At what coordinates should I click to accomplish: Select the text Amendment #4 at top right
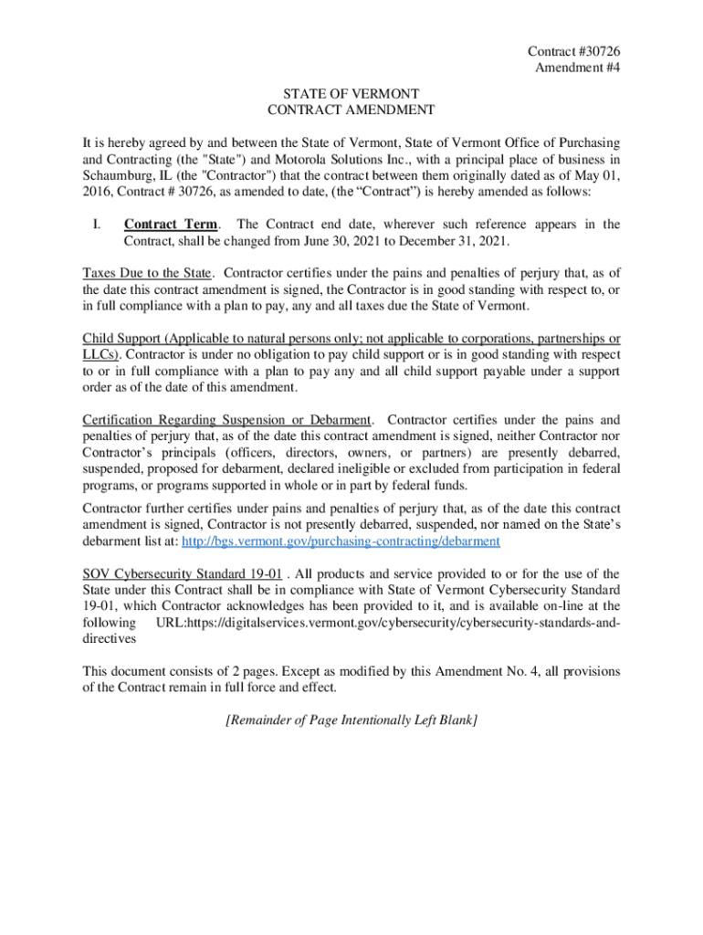click(x=583, y=69)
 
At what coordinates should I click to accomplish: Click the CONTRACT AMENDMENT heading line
click(x=351, y=110)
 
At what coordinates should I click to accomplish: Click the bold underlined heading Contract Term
click(x=171, y=225)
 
